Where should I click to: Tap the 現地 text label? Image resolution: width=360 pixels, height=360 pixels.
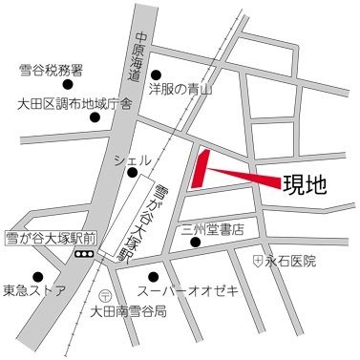pos(305,184)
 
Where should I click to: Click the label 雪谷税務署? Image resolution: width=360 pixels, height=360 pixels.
pos(51,70)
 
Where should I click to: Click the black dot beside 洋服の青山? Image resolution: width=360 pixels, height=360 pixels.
pos(159,74)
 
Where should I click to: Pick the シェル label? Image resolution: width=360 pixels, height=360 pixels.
pos(132,159)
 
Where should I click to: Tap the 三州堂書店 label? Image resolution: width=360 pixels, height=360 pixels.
pos(213,229)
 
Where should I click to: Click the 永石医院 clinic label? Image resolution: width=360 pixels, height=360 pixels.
pos(290,260)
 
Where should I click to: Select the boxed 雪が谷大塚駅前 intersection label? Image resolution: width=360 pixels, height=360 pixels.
pos(35,238)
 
